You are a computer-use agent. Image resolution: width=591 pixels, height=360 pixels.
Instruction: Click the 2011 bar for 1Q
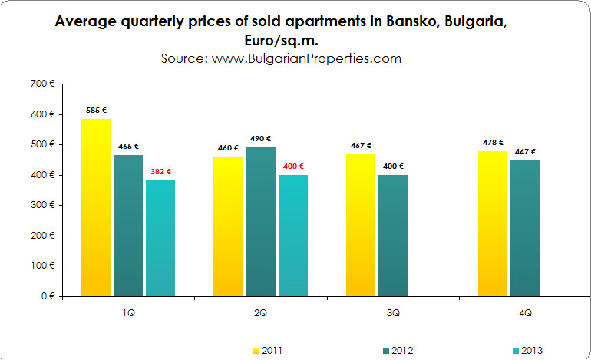95,207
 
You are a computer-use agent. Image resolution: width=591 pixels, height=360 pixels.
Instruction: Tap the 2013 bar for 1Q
160,238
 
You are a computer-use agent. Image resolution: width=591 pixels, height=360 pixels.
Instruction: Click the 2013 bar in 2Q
292,235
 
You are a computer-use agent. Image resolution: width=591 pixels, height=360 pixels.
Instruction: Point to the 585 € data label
96,111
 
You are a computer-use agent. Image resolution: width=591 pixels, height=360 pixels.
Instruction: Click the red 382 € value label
161,172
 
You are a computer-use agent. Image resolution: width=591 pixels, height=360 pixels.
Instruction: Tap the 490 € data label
261,139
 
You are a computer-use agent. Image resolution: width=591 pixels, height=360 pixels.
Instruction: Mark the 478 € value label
492,142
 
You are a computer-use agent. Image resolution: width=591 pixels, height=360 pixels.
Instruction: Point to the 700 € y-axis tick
42,84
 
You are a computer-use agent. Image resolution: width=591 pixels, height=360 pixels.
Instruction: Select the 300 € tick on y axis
42,205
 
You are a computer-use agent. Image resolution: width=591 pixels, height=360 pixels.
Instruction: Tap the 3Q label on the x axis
393,314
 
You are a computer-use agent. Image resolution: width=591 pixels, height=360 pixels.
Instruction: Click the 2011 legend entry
269,350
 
